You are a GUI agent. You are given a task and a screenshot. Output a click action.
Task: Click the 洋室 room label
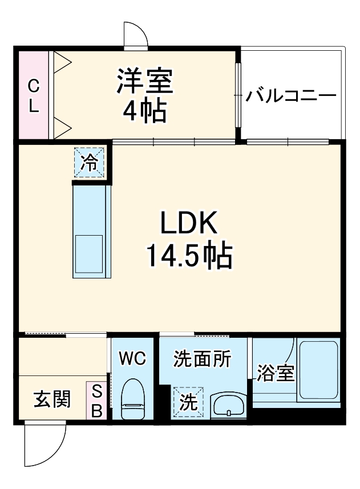pyautogui.click(x=145, y=82)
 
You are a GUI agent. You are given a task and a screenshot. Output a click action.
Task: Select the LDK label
pyautogui.click(x=189, y=224)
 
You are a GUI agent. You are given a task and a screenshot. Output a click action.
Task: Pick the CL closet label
pyautogui.click(x=34, y=96)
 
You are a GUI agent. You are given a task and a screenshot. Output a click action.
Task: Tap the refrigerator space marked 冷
pyautogui.click(x=90, y=163)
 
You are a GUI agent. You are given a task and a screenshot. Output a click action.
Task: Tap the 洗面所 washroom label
pyautogui.click(x=202, y=359)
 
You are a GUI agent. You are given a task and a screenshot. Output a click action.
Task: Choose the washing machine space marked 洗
pyautogui.click(x=188, y=402)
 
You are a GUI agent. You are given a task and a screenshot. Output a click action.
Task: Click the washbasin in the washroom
pyautogui.click(x=228, y=405)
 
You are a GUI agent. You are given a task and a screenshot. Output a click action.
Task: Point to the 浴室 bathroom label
pyautogui.click(x=275, y=374)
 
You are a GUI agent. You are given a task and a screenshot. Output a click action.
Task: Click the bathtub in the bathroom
pyautogui.click(x=318, y=370)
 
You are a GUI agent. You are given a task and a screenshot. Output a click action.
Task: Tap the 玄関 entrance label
pyautogui.click(x=51, y=399)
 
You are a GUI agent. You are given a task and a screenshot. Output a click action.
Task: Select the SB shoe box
pyautogui.click(x=96, y=401)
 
